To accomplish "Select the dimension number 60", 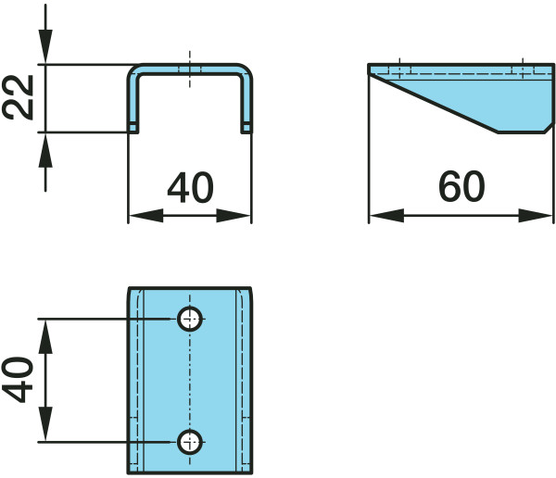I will click(461, 188).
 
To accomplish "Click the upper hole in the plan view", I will click(190, 320).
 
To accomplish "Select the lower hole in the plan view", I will click(190, 441).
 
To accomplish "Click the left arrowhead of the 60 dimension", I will click(380, 216).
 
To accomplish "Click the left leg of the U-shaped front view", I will click(133, 102).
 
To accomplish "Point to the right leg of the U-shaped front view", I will click(246, 102).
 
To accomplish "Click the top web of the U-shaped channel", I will click(190, 69).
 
